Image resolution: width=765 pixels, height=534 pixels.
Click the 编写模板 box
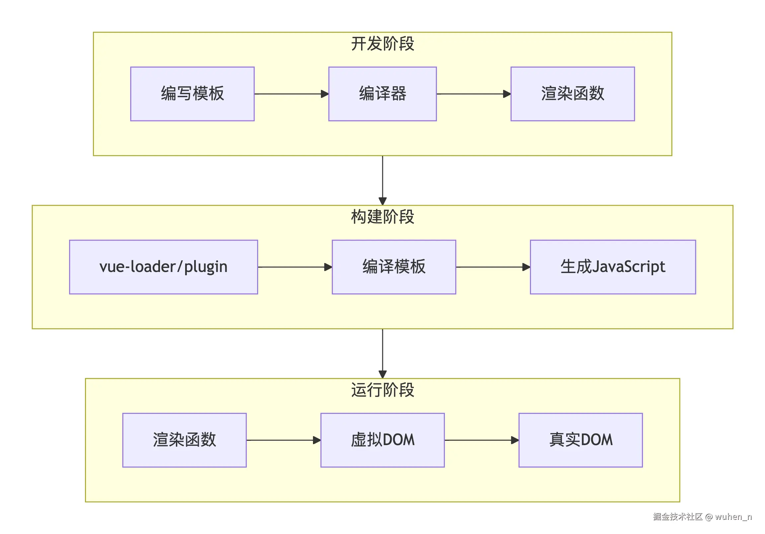tap(192, 94)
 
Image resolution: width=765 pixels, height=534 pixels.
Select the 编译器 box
tap(382, 94)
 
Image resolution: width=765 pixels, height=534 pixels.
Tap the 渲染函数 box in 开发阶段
tap(573, 94)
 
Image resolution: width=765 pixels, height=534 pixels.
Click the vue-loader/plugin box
tap(163, 267)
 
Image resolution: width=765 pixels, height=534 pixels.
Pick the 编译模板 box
tap(394, 267)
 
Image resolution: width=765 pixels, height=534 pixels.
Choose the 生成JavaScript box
tap(613, 267)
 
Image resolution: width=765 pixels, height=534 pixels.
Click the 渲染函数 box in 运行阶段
tap(184, 440)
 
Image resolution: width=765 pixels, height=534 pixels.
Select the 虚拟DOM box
tap(382, 440)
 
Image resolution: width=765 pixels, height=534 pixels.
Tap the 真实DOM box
tap(580, 440)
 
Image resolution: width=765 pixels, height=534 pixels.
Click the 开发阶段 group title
tap(382, 44)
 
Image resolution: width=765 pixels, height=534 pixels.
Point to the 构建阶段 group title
tap(382, 217)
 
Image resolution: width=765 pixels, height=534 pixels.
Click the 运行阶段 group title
tap(382, 390)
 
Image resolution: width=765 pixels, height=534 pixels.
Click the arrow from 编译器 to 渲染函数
tap(474, 94)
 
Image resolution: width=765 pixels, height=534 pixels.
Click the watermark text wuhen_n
tap(733, 517)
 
